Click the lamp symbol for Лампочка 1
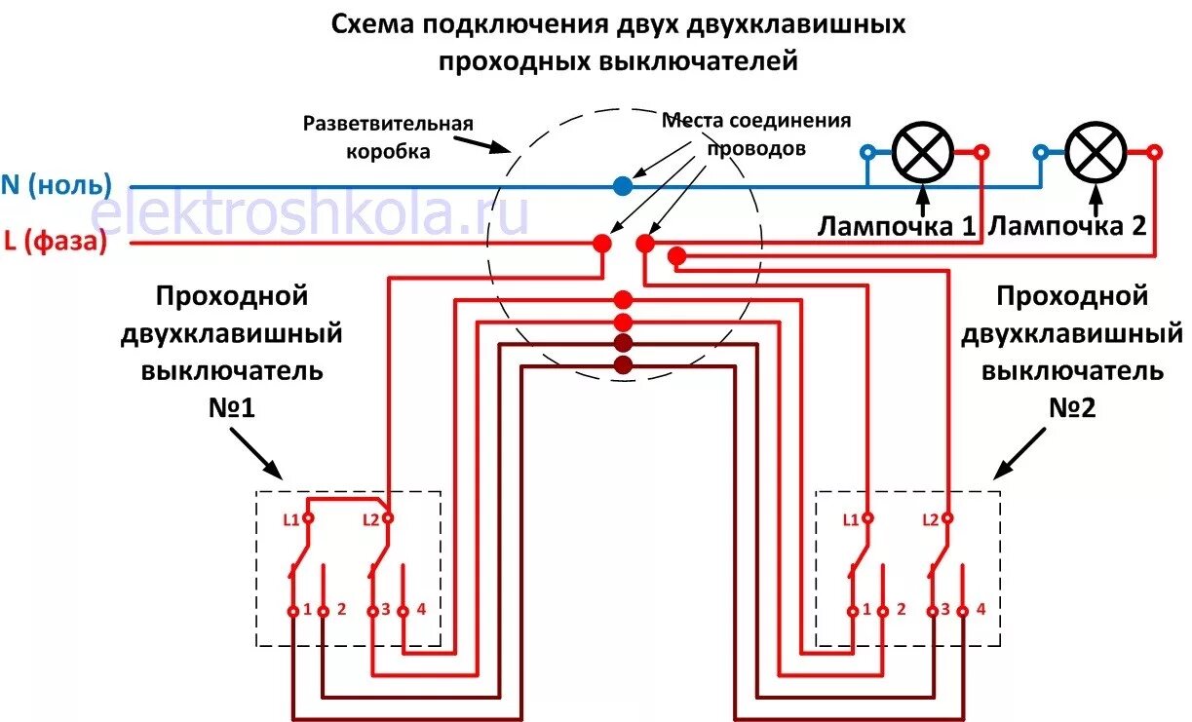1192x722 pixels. [x=923, y=153]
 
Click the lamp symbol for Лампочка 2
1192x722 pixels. [x=1096, y=153]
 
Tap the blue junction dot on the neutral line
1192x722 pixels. [x=623, y=184]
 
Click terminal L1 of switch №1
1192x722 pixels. [x=308, y=519]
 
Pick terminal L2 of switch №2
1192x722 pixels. [x=945, y=519]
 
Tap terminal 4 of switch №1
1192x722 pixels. [x=404, y=611]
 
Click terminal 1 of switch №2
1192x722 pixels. [x=853, y=611]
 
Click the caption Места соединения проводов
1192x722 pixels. [x=756, y=134]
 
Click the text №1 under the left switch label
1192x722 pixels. [x=231, y=408]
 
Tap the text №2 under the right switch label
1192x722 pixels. [x=1072, y=408]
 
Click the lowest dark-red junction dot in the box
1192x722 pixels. [x=623, y=365]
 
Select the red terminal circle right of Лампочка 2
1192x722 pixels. [x=1154, y=152]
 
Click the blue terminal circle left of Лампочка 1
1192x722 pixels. [x=866, y=152]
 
